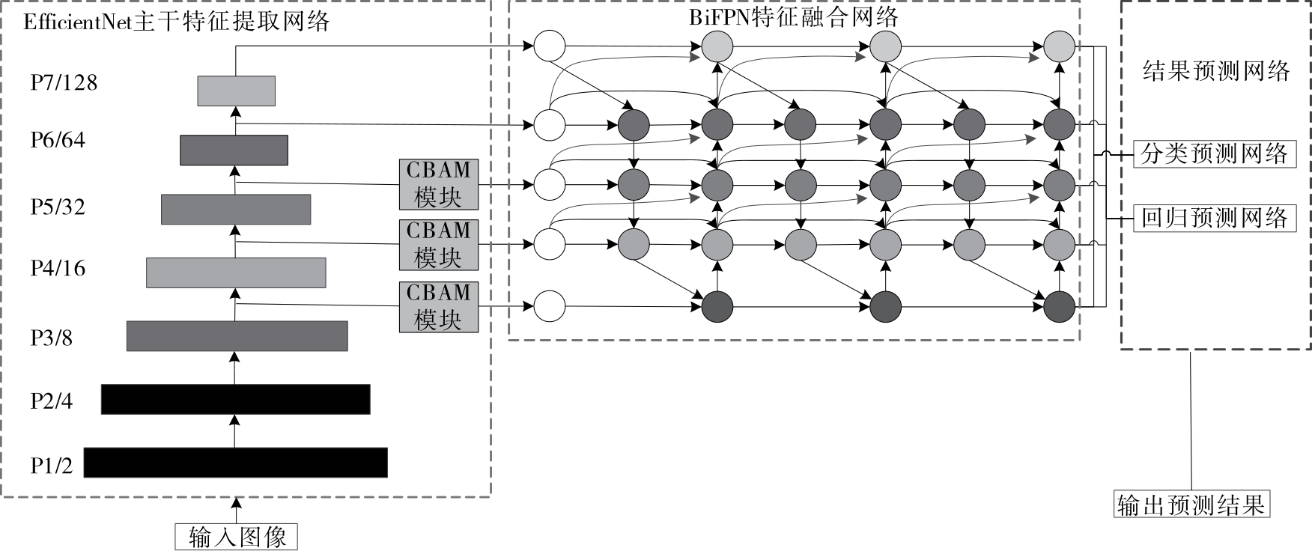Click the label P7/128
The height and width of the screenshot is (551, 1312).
point(64,82)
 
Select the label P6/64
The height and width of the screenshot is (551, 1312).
point(58,140)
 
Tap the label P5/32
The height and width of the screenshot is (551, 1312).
point(58,207)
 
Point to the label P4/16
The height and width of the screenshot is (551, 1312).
point(58,268)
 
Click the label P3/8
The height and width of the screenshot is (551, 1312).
point(52,338)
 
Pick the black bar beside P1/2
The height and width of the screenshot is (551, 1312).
point(235,463)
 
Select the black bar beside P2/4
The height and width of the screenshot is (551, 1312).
point(235,399)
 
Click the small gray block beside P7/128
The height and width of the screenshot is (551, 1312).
point(236,91)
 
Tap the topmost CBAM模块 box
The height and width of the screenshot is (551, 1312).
point(438,183)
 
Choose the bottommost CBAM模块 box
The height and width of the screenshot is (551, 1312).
point(438,306)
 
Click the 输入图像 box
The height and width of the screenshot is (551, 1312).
point(237,537)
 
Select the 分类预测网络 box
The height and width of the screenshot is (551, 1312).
point(1213,154)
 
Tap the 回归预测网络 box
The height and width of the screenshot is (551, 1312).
point(1213,218)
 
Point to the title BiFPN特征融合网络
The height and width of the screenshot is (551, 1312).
point(793,16)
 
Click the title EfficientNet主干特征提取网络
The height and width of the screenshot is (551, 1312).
point(177,22)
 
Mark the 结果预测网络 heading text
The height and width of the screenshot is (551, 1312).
point(1216,71)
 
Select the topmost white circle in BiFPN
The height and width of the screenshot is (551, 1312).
point(549,46)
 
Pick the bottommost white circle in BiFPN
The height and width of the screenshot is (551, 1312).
point(549,305)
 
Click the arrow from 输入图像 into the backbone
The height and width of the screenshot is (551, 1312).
point(237,510)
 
